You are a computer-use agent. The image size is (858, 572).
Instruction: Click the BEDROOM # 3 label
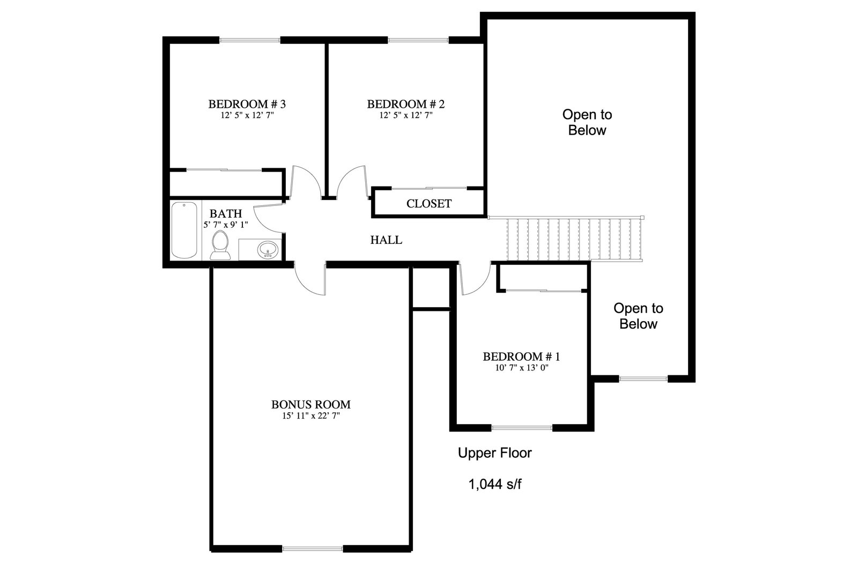point(247,104)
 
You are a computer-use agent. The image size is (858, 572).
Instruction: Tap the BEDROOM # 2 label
point(406,104)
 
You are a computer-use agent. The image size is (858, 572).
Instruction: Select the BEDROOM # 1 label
point(521,357)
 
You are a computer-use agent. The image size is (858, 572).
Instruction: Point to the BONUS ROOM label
point(311,405)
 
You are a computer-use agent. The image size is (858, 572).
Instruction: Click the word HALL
point(386,240)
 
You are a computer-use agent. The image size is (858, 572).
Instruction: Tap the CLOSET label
point(429,204)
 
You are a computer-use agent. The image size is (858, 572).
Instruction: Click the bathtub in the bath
point(184,230)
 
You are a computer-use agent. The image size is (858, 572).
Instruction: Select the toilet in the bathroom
point(220,246)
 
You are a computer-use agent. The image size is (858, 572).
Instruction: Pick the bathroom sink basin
point(268,250)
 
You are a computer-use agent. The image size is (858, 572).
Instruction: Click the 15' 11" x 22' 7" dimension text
point(311,416)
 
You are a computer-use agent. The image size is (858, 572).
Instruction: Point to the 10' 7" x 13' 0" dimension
point(522,368)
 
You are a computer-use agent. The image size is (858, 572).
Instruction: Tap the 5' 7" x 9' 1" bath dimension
point(226,225)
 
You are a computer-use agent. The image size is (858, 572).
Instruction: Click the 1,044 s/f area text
point(495,485)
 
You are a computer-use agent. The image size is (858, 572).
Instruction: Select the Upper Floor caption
point(495,453)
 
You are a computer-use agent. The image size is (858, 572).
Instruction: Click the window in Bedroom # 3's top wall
point(250,40)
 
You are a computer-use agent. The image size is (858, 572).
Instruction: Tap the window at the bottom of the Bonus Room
point(313,549)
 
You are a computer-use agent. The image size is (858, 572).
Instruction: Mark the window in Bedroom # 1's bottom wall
point(522,428)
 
